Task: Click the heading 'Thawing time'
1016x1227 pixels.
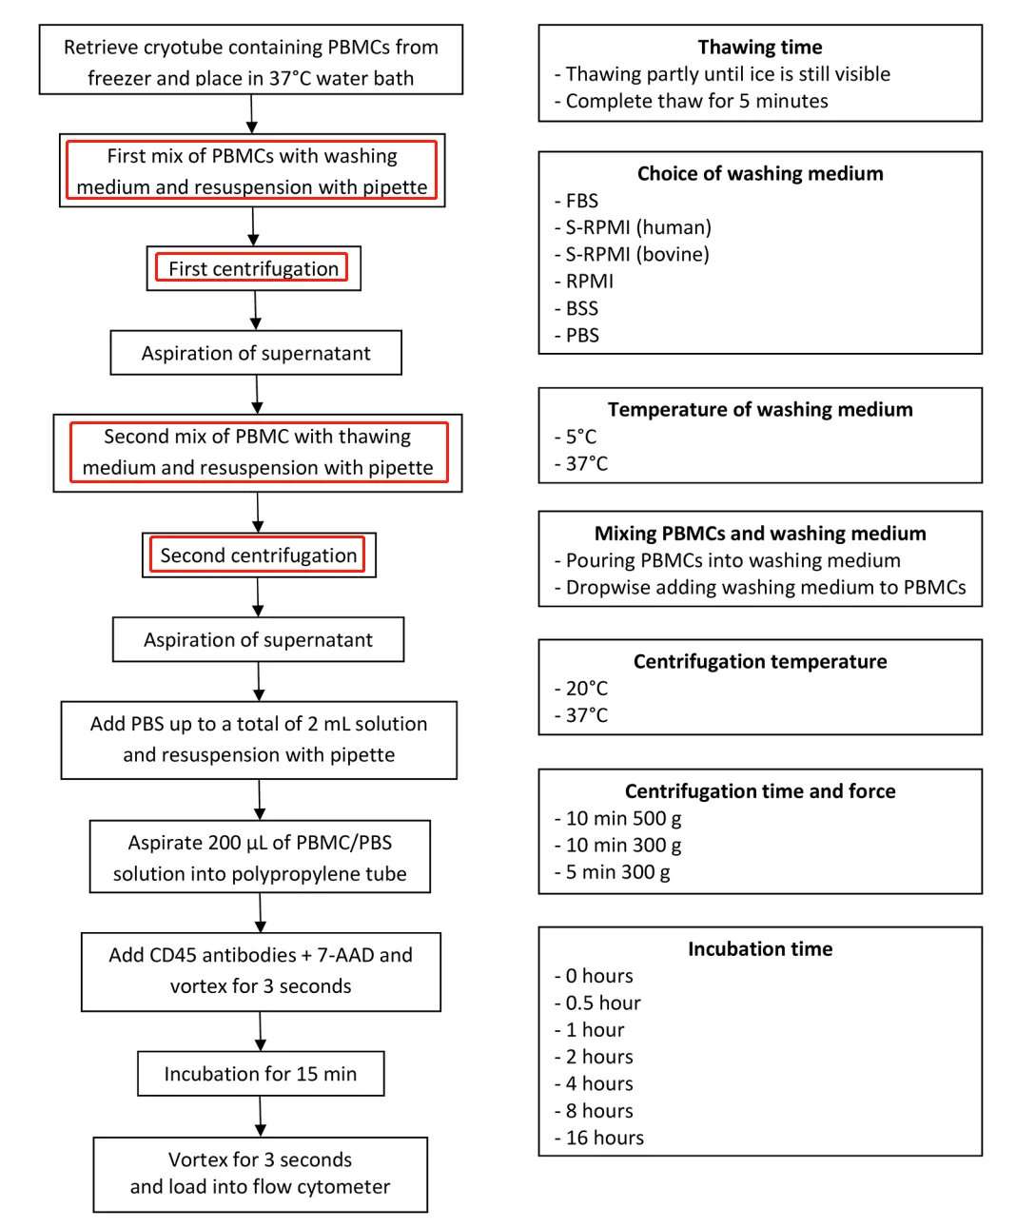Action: tap(759, 47)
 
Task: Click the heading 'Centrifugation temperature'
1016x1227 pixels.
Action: tap(759, 661)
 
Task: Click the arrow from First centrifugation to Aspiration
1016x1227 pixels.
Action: tap(256, 310)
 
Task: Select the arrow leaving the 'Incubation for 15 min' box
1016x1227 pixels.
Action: tap(261, 1116)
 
